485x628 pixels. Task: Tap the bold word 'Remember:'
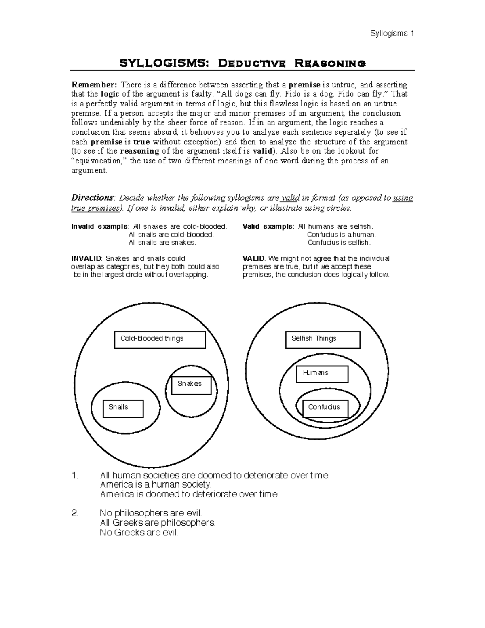pos(94,85)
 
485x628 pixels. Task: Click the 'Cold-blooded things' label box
pos(160,340)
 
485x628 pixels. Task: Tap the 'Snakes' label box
pos(191,385)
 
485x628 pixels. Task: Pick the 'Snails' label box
pos(123,408)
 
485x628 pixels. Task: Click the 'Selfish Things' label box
pos(323,340)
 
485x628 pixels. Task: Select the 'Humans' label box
pos(322,374)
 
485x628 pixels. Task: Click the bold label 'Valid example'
pos(267,226)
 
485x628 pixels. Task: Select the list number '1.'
pos(74,476)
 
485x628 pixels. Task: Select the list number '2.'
pos(74,513)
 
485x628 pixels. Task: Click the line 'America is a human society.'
pos(156,484)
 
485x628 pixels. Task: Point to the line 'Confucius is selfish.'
pos(339,243)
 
